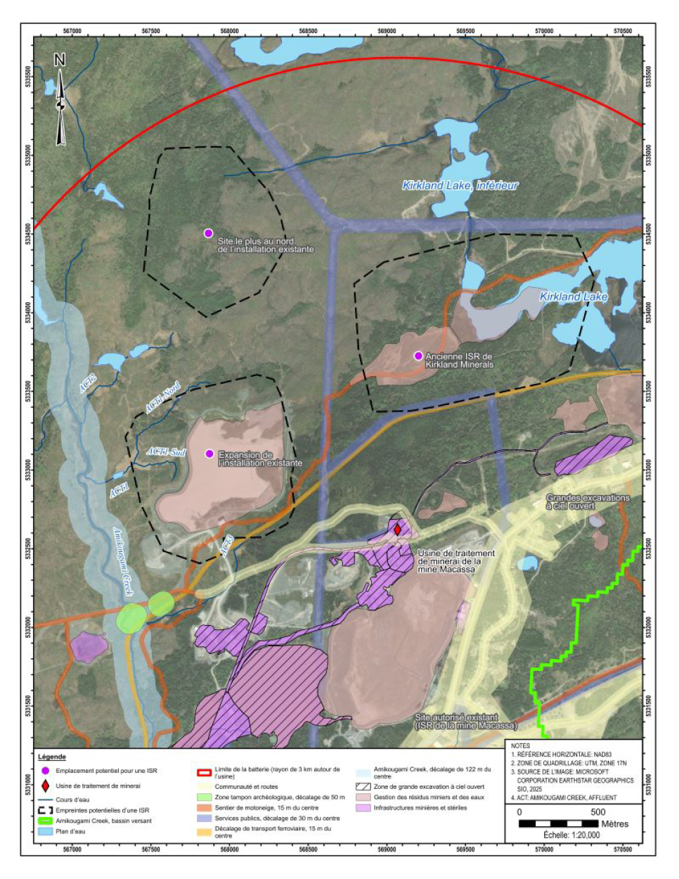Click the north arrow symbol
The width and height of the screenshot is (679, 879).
click(x=60, y=103)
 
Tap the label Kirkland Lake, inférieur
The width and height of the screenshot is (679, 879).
click(x=460, y=186)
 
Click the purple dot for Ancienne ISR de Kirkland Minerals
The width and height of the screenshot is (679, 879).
click(x=418, y=356)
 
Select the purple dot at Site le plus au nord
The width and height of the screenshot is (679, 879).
click(x=208, y=233)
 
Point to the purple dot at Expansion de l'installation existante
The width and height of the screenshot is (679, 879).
click(x=209, y=454)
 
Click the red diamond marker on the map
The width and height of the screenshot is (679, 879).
click(x=397, y=530)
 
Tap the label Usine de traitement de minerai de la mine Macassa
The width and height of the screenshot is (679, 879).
click(x=455, y=561)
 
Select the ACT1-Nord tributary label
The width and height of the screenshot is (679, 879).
click(x=162, y=398)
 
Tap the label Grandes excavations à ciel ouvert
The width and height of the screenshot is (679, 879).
click(x=588, y=501)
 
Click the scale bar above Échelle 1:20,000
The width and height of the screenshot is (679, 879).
click(x=562, y=823)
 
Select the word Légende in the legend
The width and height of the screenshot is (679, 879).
click(x=52, y=757)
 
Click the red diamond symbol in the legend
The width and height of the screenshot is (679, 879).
click(x=46, y=785)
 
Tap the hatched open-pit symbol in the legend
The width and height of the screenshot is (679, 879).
click(x=363, y=787)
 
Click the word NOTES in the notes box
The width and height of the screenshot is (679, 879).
click(x=521, y=745)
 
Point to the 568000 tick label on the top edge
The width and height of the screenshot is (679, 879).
click(x=229, y=31)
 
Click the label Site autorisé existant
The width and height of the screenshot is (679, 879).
click(x=456, y=718)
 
